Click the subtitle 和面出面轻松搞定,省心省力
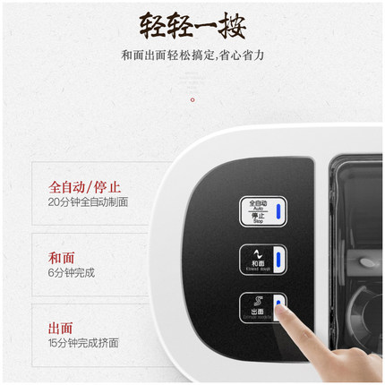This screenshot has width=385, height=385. click(x=192, y=56)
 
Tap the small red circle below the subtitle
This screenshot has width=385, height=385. click(x=192, y=100)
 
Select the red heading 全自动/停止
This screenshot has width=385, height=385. click(x=86, y=187)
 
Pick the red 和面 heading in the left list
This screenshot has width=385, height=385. click(x=62, y=256)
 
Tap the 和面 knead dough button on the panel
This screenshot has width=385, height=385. click(x=262, y=260)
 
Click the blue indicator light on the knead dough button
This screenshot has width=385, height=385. click(x=278, y=260)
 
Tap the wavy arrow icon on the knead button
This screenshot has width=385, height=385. click(x=256, y=253)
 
